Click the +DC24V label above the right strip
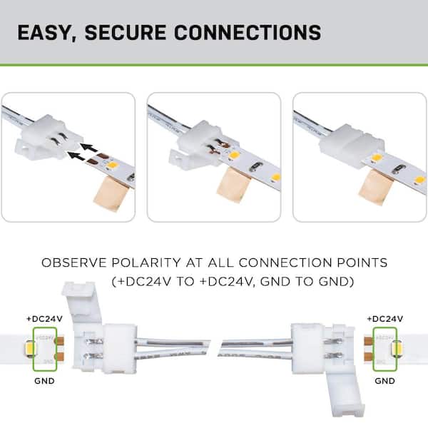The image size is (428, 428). point(384,318)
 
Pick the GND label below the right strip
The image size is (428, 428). point(384,382)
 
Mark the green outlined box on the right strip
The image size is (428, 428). point(384,350)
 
